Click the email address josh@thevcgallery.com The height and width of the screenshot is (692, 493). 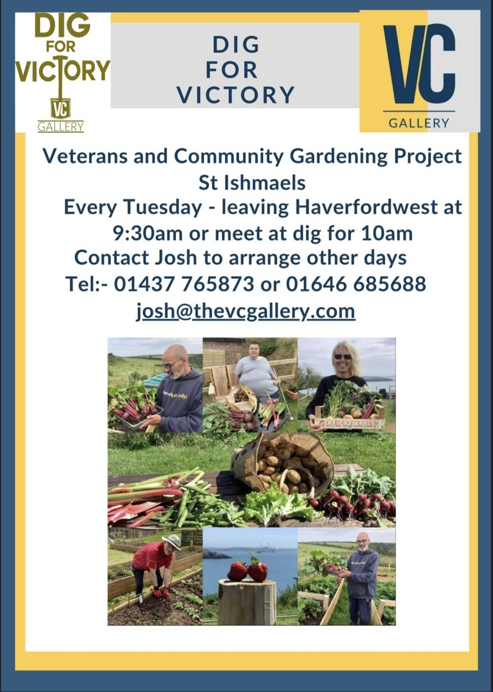tap(246, 312)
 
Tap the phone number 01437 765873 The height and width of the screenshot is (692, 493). tap(184, 284)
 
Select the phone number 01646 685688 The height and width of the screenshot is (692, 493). tap(356, 284)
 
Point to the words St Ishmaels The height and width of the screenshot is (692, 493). tap(252, 183)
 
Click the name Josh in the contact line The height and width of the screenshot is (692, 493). tap(176, 258)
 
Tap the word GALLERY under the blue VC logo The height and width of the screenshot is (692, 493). tap(419, 123)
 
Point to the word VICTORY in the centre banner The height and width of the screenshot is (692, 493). tap(236, 95)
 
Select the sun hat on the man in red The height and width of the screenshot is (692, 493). tap(171, 542)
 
